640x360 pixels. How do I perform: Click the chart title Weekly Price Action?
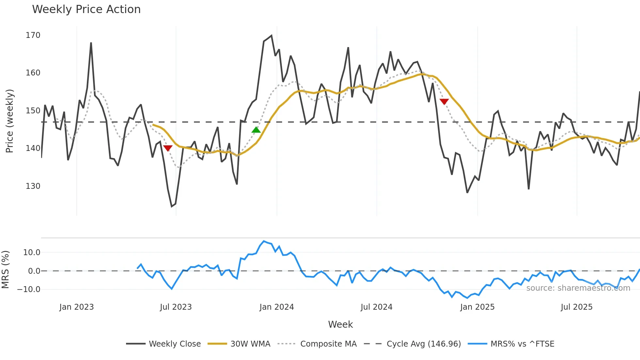(x=86, y=9)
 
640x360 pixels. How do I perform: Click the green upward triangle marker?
(x=256, y=130)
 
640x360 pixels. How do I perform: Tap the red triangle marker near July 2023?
(x=168, y=148)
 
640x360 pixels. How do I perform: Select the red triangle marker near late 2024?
(x=444, y=102)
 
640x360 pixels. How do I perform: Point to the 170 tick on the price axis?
(x=33, y=35)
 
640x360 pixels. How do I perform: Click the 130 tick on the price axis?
(x=33, y=186)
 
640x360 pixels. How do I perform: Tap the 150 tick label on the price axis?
(x=33, y=110)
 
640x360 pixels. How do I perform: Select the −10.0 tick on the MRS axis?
(x=29, y=289)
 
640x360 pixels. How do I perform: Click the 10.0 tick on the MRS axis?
(x=32, y=252)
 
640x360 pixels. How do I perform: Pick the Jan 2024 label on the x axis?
(x=277, y=307)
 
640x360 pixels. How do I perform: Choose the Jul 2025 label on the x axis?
(x=576, y=307)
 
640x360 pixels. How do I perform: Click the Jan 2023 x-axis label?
(x=76, y=307)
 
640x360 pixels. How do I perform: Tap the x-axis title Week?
(x=340, y=324)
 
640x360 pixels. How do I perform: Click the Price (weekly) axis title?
(x=9, y=121)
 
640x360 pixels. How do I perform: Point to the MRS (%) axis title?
(x=5, y=270)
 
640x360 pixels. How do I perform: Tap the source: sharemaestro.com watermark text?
(x=578, y=288)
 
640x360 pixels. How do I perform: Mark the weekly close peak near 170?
(x=271, y=36)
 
